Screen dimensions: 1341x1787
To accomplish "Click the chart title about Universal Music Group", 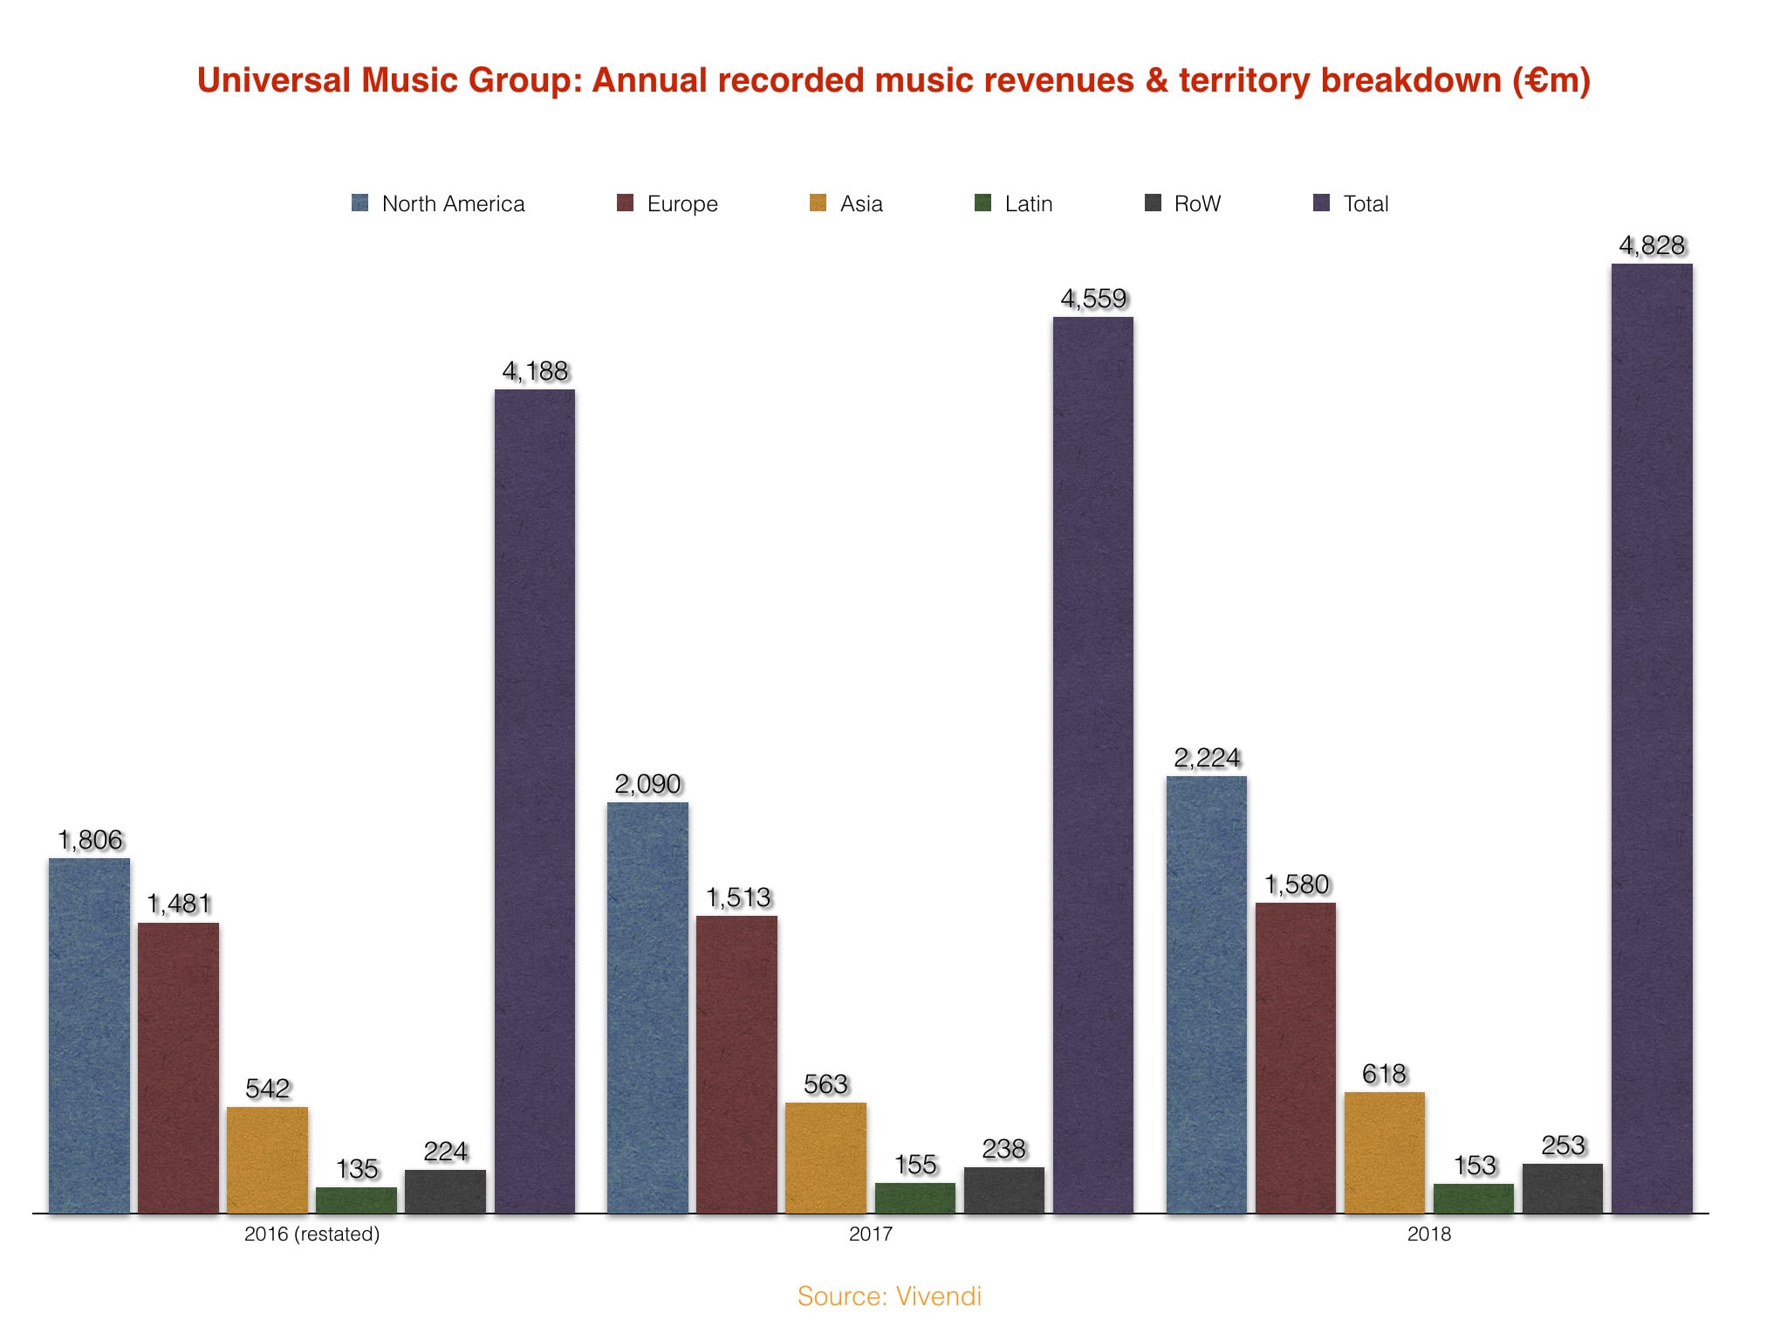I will coord(893,80).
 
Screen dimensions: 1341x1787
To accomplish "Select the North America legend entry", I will coord(439,203).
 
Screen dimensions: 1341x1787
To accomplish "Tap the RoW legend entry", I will coord(1183,203).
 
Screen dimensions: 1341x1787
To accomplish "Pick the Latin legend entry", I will coord(1014,203).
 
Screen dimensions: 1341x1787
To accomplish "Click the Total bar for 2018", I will coord(1652,738).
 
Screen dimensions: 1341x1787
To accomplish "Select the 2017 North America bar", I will coord(647,1007).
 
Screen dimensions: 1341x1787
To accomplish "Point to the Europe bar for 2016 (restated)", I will coord(178,1067).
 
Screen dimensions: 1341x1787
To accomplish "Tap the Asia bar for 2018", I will coord(1385,1152).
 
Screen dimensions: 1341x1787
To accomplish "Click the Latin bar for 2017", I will coord(915,1198).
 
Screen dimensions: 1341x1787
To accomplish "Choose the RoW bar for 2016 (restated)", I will coord(445,1191).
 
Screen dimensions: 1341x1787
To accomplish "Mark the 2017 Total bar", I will coord(1093,765).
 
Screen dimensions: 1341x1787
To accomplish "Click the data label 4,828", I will coord(1652,245).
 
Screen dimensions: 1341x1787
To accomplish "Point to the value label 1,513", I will coord(738,897).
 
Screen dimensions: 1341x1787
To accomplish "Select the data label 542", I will coord(268,1089).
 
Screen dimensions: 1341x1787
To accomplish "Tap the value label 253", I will coord(1563,1145).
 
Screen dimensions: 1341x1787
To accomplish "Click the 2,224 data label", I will coord(1207,758).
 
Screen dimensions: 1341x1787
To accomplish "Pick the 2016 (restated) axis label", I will coord(312,1234).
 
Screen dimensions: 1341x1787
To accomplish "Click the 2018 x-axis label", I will coord(1428,1234).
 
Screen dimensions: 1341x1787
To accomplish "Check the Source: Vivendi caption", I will coord(889,1296).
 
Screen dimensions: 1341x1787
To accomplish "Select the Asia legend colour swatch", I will coord(818,203).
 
